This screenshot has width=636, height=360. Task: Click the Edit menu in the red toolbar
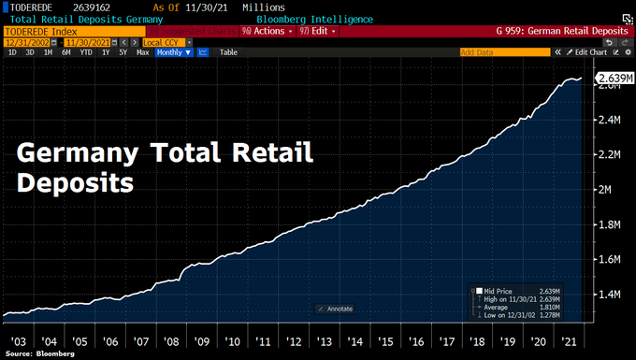318,30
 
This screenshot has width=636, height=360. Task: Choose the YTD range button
87,52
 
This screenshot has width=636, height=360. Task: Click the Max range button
142,52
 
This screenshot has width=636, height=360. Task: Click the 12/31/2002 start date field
27,41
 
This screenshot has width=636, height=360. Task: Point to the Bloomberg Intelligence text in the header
316,19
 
